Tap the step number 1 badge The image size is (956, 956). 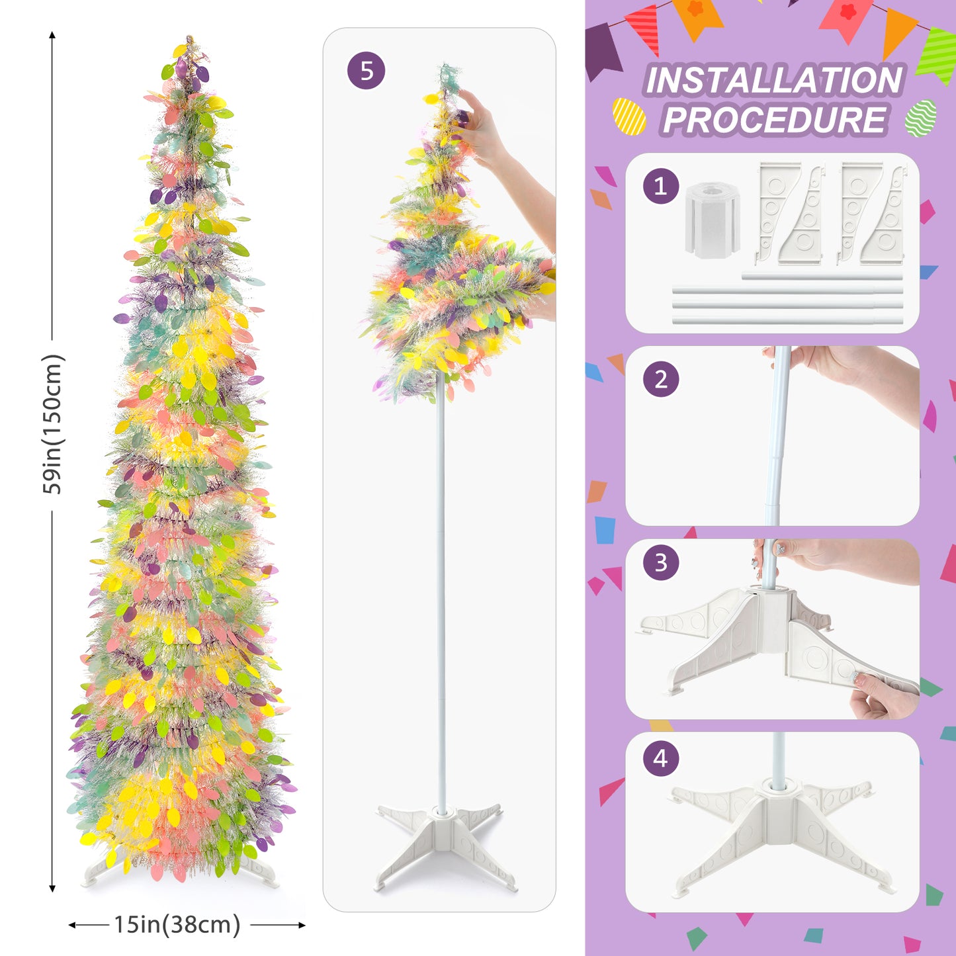click(x=661, y=186)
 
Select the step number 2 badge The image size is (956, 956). click(x=661, y=379)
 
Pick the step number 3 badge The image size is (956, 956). click(x=661, y=562)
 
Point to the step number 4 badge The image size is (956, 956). click(x=661, y=758)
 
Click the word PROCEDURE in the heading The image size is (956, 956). click(x=775, y=120)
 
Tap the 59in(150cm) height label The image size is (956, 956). click(x=52, y=424)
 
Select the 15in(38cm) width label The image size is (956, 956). click(x=177, y=924)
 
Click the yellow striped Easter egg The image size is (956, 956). click(x=629, y=116)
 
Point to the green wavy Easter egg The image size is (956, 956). click(x=921, y=118)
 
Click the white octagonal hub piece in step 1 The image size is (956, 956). click(x=713, y=220)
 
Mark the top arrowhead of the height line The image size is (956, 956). click(x=52, y=34)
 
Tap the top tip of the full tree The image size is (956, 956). click(x=189, y=36)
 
